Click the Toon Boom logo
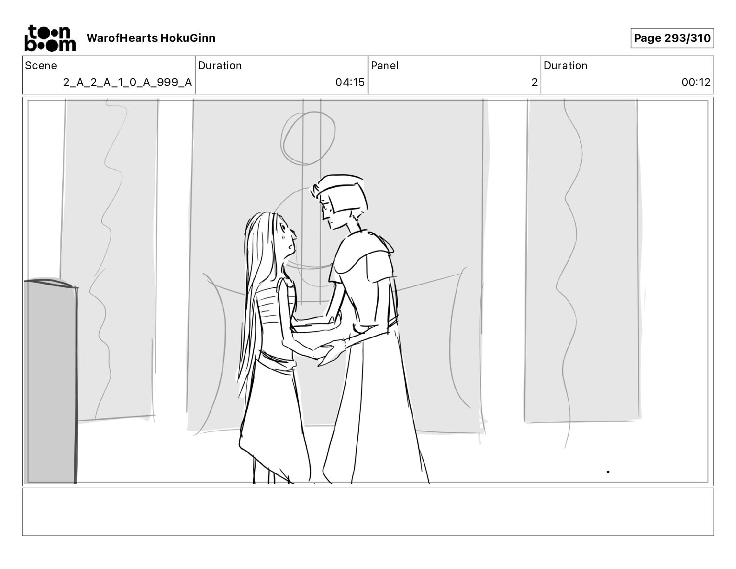click(x=50, y=38)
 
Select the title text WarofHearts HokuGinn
click(x=151, y=38)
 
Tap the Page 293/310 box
click(x=672, y=38)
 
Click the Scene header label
click(x=40, y=66)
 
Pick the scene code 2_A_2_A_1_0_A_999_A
click(x=127, y=82)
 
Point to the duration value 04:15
click(x=350, y=82)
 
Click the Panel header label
click(x=384, y=66)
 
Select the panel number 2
click(x=534, y=82)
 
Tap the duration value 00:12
click(x=696, y=82)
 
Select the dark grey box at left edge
click(x=51, y=381)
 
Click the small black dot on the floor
click(x=608, y=471)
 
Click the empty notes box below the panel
click(x=368, y=512)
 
